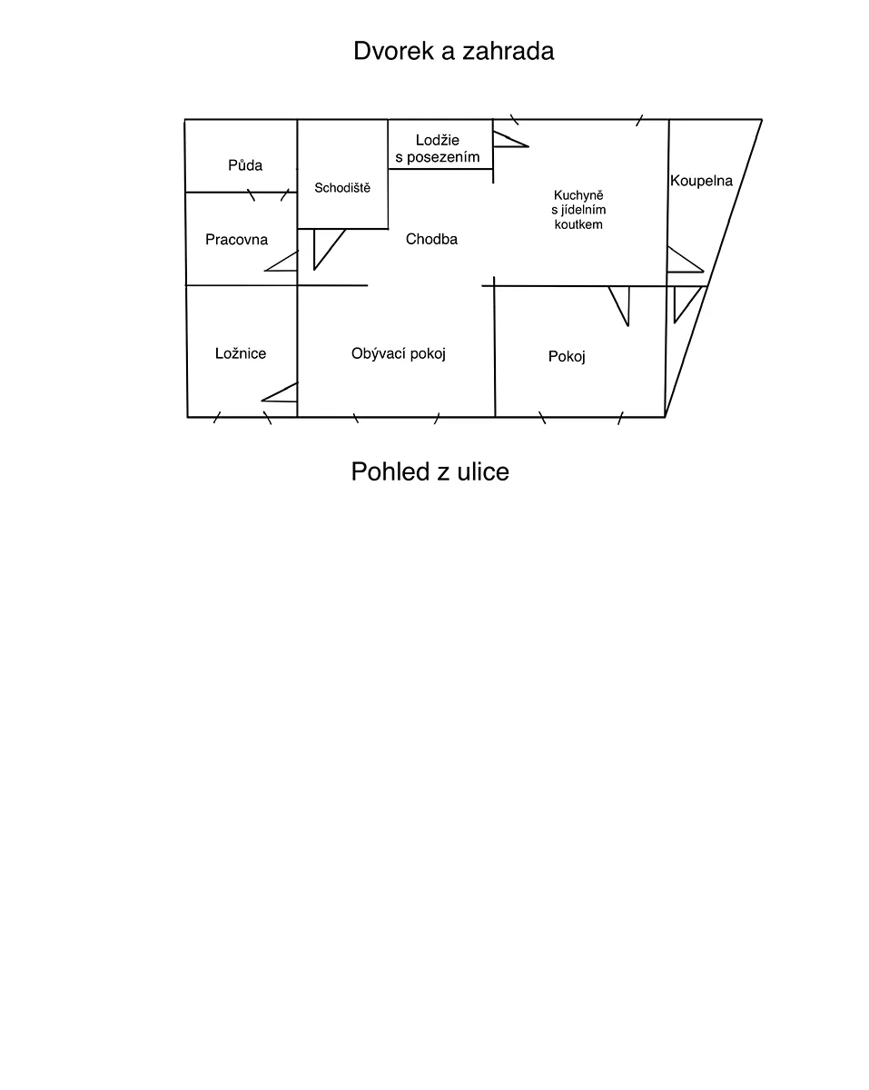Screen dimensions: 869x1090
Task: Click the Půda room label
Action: tap(245, 165)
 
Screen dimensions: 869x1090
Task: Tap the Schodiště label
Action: tap(342, 188)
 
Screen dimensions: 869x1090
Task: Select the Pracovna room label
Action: tap(236, 240)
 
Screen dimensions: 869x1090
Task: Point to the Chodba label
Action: tap(431, 239)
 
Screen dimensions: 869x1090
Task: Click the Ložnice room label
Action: tap(241, 353)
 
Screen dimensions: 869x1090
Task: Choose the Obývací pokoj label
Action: tap(399, 353)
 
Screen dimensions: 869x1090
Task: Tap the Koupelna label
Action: tap(701, 181)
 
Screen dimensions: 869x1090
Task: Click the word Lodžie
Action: tap(438, 140)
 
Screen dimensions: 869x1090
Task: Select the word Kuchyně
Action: tap(578, 195)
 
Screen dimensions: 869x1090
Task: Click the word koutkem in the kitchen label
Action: tap(578, 224)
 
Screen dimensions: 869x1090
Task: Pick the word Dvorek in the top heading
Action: tap(393, 51)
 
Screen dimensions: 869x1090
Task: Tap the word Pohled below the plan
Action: tap(390, 471)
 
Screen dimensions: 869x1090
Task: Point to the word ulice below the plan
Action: tap(483, 471)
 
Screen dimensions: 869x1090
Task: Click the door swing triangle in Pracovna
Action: tap(281, 262)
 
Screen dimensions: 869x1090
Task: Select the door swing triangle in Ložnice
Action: tap(280, 392)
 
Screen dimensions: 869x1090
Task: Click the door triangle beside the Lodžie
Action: tap(510, 140)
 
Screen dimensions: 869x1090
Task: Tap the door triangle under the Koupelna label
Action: tap(686, 260)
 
